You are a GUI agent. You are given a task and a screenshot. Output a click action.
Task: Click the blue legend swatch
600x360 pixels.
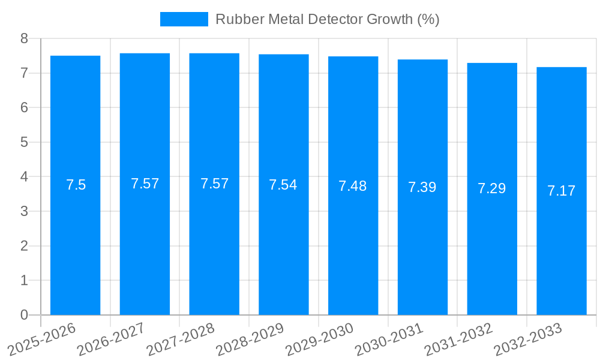184,19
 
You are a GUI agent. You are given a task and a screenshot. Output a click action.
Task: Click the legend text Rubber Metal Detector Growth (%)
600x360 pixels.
327,19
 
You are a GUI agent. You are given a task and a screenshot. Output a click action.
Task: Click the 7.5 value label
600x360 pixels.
76,185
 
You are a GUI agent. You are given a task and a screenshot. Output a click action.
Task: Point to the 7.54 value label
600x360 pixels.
283,185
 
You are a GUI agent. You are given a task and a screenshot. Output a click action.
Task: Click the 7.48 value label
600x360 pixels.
353,186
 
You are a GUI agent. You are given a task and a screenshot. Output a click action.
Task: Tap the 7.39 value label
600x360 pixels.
422,187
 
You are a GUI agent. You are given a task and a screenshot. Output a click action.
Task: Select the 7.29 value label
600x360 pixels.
492,188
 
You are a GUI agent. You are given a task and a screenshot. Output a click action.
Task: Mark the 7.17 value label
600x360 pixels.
562,191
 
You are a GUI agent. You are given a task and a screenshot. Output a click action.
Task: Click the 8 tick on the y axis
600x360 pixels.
24,39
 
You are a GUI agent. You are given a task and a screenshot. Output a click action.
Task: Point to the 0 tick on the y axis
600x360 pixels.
24,315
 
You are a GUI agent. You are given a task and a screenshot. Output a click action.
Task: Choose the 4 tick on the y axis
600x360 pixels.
24,177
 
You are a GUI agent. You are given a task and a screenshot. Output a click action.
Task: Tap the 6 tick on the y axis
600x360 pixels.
24,108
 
